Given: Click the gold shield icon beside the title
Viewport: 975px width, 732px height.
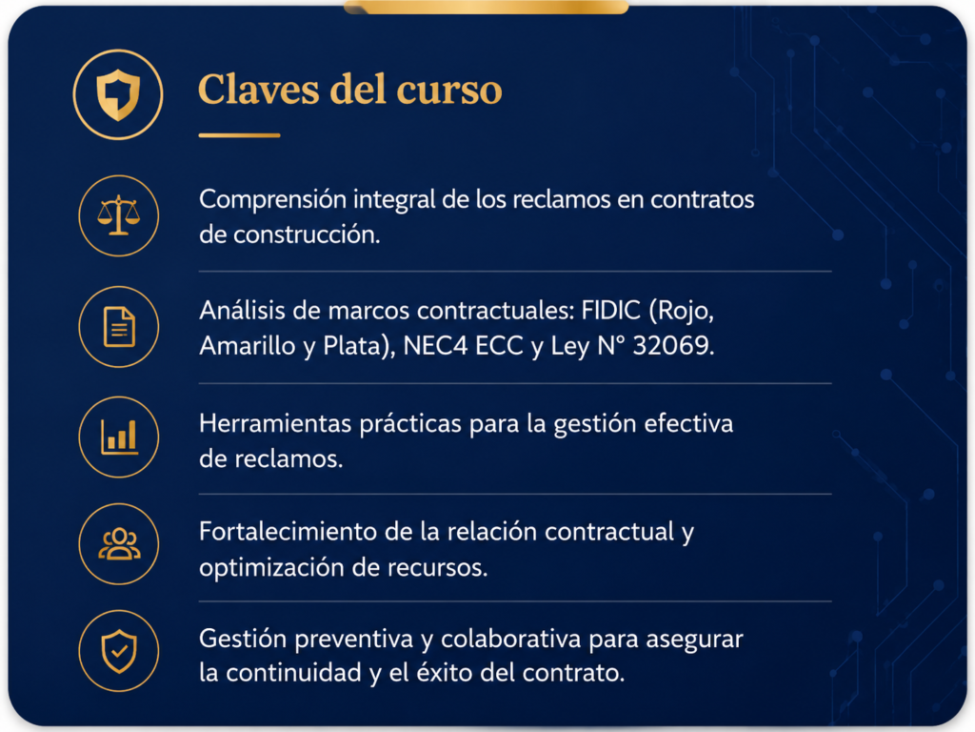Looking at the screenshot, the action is [118, 94].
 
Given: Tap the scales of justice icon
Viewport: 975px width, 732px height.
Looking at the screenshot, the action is [119, 215].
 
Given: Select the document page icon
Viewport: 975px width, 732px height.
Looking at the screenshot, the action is [119, 326].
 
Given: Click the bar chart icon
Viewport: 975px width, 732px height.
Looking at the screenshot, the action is [119, 437].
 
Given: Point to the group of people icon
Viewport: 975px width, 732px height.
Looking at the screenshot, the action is [119, 544].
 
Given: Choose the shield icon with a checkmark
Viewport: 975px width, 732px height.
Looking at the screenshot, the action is [119, 651].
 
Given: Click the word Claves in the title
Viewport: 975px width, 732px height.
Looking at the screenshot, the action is [259, 90].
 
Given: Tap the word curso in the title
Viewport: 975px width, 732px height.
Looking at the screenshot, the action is [449, 91].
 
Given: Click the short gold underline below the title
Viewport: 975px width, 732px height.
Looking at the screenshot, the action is [239, 135].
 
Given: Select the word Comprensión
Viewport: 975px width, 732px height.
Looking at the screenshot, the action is [272, 200].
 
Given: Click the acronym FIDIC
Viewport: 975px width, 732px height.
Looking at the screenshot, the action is [610, 310].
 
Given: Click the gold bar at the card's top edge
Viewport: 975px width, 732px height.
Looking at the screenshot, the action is [487, 7].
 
